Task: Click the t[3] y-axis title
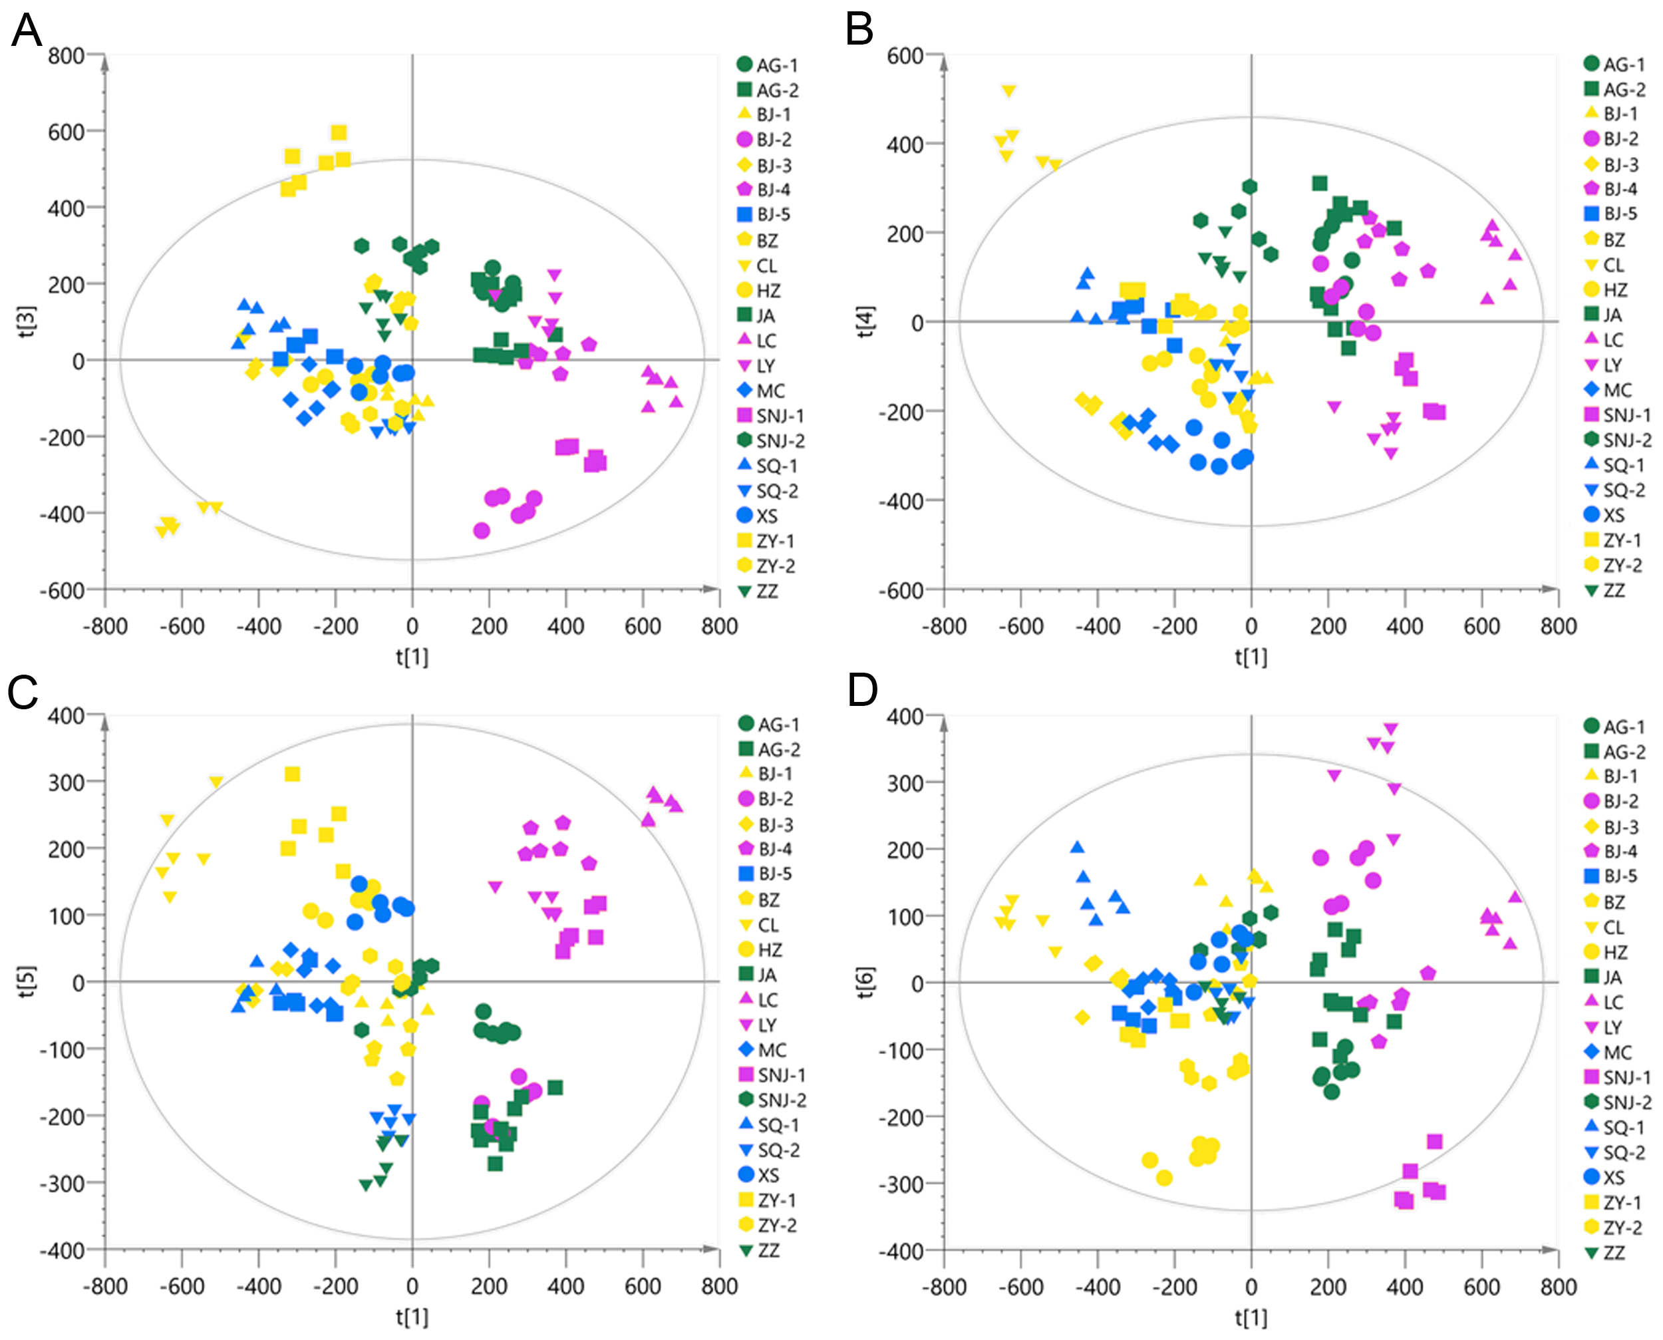pos(26,322)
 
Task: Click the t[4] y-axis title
pos(865,322)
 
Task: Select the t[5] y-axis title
pos(26,981)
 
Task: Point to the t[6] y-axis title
pos(865,982)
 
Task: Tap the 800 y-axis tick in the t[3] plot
pos(67,56)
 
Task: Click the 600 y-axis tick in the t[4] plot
pos(905,56)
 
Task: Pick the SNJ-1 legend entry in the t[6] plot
pos(1616,1077)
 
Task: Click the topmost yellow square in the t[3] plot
pos(339,133)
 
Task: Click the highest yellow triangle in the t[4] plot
pos(1008,90)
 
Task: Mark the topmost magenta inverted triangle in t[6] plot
pos(1390,729)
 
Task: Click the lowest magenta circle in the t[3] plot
pos(482,530)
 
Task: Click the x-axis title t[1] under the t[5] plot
pos(412,1316)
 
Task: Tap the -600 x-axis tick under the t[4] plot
pos(1020,626)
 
